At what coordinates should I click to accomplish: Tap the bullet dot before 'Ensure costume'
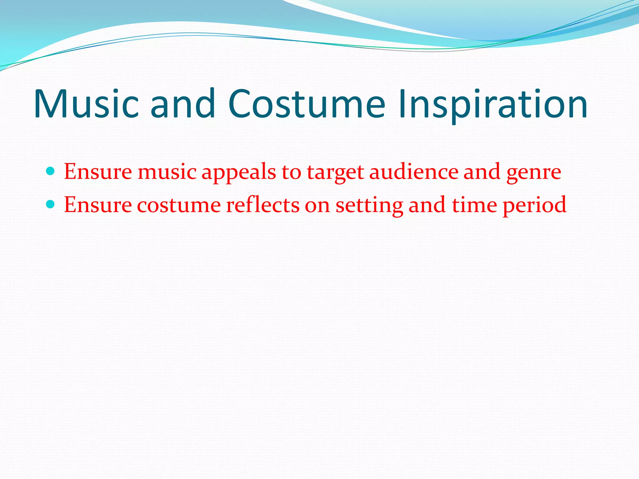(50, 204)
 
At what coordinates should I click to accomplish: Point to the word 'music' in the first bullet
(167, 172)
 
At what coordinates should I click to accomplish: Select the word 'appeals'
(239, 172)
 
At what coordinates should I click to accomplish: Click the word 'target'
(335, 172)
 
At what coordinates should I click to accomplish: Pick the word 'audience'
(413, 172)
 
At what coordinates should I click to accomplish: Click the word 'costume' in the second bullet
(179, 205)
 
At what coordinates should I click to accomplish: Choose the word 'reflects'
(262, 205)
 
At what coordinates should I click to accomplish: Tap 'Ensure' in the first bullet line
(98, 172)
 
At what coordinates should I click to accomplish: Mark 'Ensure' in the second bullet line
(98, 205)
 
